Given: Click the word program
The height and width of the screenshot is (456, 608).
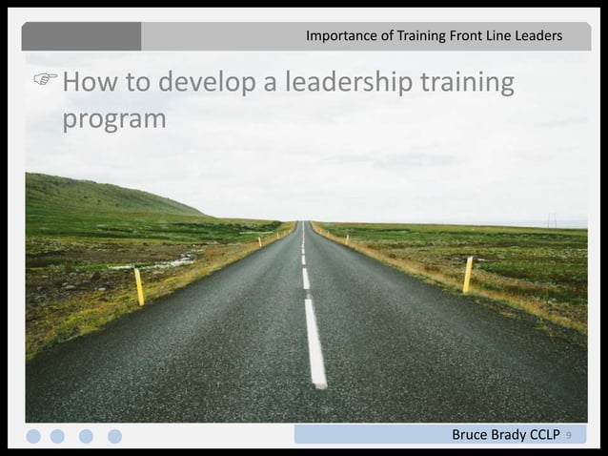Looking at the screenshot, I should [x=113, y=122].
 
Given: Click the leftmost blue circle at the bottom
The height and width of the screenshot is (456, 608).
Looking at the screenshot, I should [x=34, y=436].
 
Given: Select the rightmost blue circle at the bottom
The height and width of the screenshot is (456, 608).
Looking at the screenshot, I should [x=114, y=436].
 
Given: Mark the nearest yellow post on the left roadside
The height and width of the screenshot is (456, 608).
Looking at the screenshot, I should [x=139, y=287].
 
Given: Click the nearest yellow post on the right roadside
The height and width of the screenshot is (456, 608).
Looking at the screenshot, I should [x=468, y=274].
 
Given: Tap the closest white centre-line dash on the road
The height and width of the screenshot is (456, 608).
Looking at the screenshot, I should [x=315, y=342].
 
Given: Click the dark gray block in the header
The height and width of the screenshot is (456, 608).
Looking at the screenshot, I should [x=82, y=36].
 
